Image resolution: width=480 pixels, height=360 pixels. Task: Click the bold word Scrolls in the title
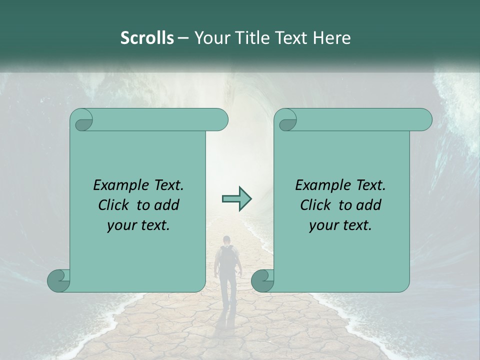(147, 38)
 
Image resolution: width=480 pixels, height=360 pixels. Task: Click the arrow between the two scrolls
(236, 198)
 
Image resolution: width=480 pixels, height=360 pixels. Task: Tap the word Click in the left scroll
(109, 205)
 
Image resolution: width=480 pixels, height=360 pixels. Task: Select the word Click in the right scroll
(311, 205)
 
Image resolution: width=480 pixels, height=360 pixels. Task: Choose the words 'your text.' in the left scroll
(138, 225)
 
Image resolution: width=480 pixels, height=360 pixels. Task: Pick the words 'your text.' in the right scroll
(340, 225)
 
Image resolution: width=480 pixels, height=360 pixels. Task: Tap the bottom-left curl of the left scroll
(58, 280)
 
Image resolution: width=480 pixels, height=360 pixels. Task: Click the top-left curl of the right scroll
(287, 120)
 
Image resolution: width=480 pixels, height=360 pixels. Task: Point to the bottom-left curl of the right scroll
(262, 280)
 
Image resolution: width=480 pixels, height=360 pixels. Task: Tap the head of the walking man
(227, 239)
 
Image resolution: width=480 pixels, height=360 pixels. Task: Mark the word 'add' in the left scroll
(167, 205)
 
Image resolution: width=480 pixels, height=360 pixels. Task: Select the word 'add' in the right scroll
(369, 205)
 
